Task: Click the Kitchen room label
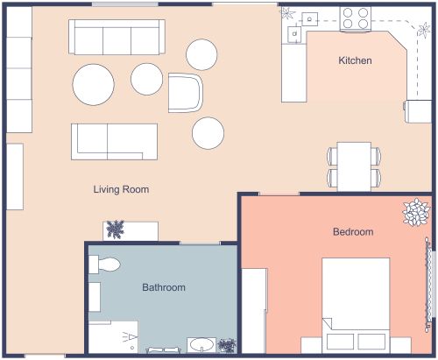[x=356, y=61]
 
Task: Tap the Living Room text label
[x=121, y=189]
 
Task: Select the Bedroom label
[x=353, y=232]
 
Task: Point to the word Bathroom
[x=164, y=287]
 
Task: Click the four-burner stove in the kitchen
[x=355, y=18]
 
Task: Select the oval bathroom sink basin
[x=201, y=344]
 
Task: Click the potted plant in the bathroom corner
[x=227, y=346]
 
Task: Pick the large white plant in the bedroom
[x=415, y=213]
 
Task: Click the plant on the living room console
[x=114, y=230]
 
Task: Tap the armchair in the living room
[x=186, y=91]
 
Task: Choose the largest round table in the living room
[x=93, y=85]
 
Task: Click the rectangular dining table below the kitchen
[x=355, y=166]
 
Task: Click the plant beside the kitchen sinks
[x=287, y=13]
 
